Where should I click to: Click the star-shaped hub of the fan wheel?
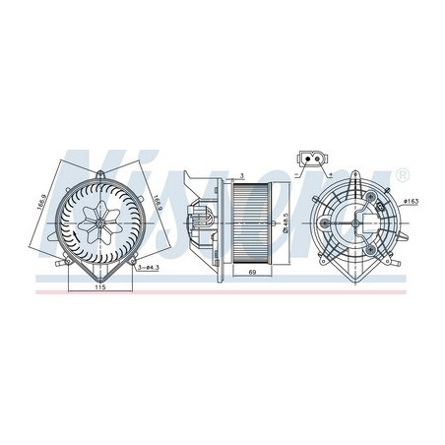click(100, 222)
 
